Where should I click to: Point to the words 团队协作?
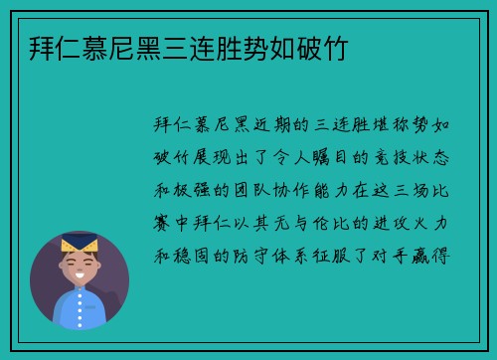coord(304,190)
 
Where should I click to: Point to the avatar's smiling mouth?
coord(79,275)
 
